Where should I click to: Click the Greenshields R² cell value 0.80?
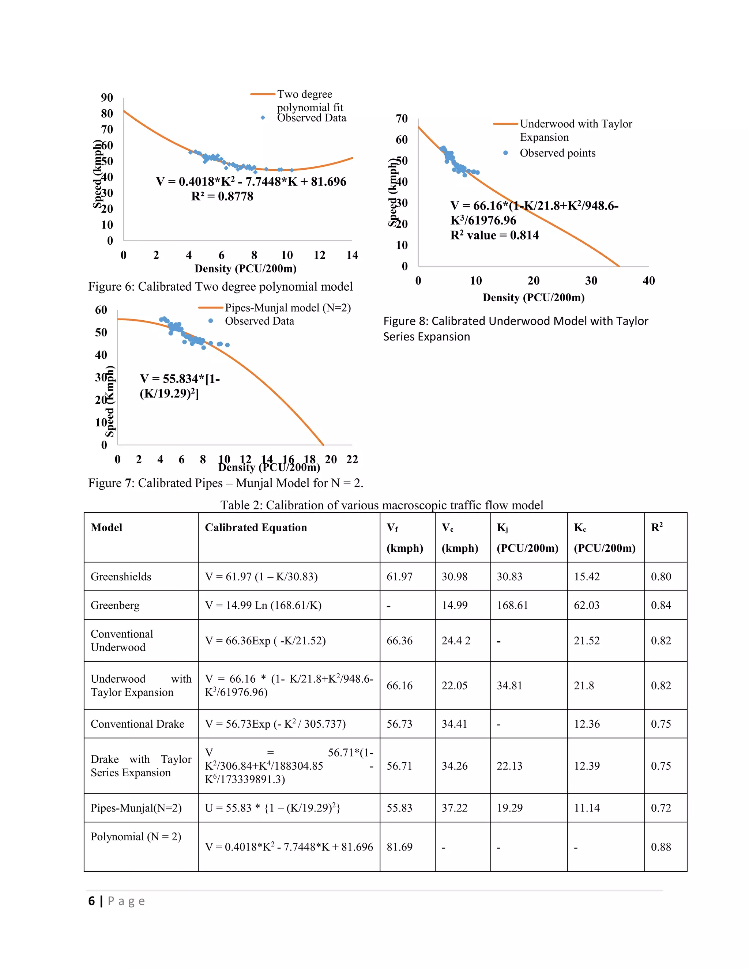661,576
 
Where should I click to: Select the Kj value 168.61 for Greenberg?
512,605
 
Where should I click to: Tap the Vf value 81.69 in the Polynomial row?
399,847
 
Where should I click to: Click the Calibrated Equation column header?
256,528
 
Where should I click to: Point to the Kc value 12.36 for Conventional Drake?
587,724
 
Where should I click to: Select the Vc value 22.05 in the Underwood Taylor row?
454,686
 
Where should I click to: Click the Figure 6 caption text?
220,287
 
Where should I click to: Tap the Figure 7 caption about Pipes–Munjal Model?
225,483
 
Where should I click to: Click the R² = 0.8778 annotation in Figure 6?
222,196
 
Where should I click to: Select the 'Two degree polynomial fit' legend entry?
310,101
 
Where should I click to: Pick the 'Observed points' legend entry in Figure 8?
557,153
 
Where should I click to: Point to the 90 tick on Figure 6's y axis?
107,98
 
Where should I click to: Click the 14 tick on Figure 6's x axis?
352,255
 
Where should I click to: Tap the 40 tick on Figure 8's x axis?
648,280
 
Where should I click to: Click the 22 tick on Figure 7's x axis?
352,459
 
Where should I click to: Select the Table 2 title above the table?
381,505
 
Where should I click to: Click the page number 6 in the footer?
91,901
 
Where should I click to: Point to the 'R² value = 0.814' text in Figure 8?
494,235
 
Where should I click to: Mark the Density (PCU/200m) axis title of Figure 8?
533,297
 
